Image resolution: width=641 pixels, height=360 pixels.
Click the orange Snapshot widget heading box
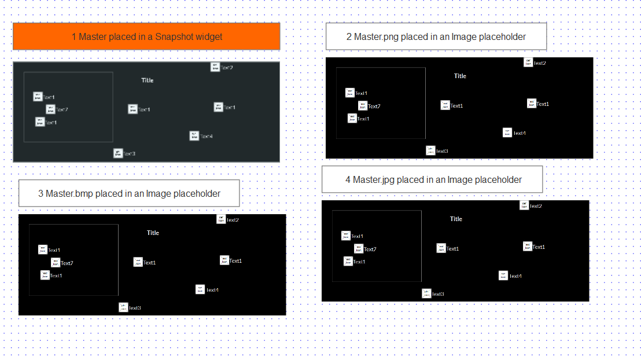[x=146, y=36]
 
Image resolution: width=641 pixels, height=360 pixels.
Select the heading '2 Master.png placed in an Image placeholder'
[x=436, y=36]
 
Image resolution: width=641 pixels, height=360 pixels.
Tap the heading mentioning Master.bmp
[x=129, y=193]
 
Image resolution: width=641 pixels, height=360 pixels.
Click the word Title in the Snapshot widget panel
[x=148, y=80]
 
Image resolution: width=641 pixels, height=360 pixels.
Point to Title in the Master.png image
[x=460, y=76]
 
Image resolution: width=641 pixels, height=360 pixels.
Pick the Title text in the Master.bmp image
[x=153, y=233]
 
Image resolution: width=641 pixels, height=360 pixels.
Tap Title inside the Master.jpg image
[x=456, y=219]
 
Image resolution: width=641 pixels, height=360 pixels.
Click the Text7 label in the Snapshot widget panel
[x=62, y=109]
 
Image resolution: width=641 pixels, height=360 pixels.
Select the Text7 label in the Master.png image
[x=374, y=106]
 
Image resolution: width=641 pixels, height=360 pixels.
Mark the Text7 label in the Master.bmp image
[x=67, y=263]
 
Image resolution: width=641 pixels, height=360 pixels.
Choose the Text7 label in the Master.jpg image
[x=370, y=249]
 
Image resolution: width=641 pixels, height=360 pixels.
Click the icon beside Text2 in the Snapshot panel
[x=215, y=67]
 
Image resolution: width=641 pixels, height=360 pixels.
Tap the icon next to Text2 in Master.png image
[x=528, y=63]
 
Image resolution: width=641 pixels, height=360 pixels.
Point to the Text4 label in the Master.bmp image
[x=212, y=290]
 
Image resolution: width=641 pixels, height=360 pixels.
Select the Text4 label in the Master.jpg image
[x=515, y=276]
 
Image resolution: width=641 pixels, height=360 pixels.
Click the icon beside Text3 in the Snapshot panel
[x=118, y=153]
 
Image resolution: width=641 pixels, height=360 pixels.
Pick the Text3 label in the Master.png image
[x=442, y=151]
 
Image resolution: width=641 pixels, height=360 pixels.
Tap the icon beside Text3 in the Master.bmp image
[x=123, y=307]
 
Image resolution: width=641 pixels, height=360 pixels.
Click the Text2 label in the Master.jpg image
[x=536, y=206]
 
